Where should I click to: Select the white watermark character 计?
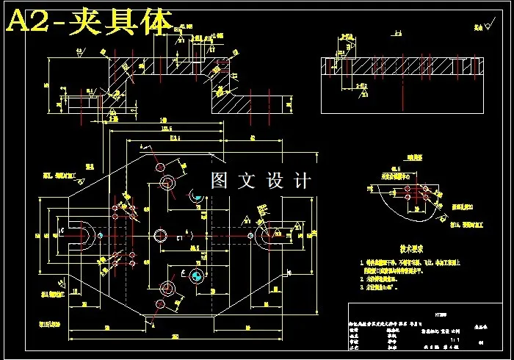pos(301,180)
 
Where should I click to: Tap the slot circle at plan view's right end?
pos(265,234)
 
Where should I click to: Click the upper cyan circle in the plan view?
pos(196,195)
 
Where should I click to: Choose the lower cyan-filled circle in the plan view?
pos(196,275)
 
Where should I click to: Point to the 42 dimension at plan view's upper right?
pos(252,137)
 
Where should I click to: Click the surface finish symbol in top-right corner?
pos(481,27)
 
